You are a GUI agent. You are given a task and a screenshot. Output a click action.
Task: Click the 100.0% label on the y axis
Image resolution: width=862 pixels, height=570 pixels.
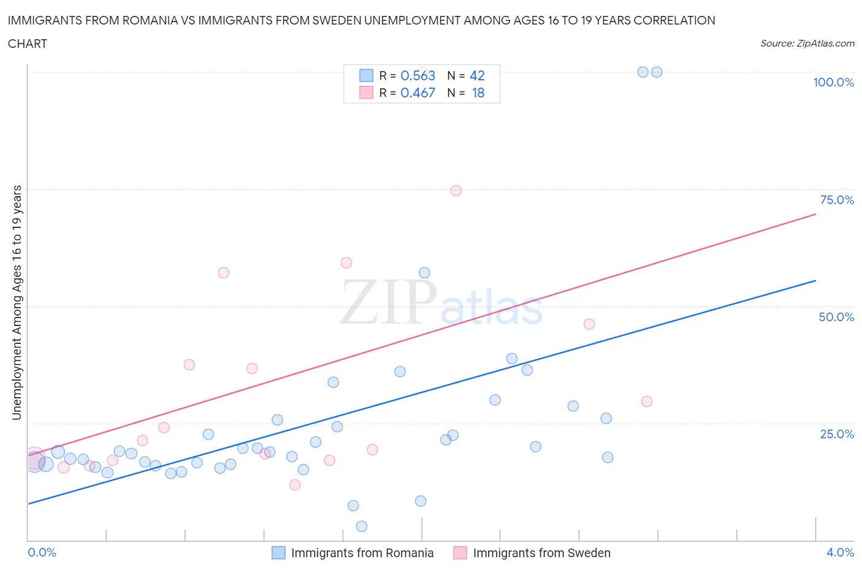click(833, 83)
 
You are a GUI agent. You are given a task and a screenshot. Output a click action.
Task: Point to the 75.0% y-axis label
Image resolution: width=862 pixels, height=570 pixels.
click(837, 200)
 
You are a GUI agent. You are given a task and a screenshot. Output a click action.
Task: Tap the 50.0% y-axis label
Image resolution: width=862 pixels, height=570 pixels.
click(836, 317)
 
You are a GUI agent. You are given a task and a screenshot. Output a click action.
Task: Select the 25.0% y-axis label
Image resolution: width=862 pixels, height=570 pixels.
click(837, 434)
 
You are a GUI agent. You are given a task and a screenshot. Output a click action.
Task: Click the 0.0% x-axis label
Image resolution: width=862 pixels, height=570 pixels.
click(42, 552)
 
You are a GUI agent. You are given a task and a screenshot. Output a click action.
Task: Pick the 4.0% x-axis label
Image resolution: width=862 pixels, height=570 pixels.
click(840, 552)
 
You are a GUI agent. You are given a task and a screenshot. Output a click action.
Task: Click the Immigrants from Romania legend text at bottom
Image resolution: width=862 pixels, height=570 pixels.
click(362, 553)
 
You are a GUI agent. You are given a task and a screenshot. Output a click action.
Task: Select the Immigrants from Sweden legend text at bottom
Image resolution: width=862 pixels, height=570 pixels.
click(541, 553)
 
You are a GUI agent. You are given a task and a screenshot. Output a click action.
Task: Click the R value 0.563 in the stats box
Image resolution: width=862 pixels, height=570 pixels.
click(418, 75)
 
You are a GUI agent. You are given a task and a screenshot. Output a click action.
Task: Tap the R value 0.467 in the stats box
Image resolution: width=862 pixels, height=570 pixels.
click(418, 93)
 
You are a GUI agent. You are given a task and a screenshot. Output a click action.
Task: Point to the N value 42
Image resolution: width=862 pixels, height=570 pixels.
click(477, 75)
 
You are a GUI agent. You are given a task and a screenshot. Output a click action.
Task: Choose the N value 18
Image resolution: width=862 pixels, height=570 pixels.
click(478, 93)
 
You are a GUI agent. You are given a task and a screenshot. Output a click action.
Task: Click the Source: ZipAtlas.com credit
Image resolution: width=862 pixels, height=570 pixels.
click(807, 44)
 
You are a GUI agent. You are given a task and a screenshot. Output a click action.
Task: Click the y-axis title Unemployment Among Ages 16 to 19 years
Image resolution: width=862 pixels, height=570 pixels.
click(17, 303)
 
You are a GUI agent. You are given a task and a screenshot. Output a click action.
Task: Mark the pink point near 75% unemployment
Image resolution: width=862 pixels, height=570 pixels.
click(456, 191)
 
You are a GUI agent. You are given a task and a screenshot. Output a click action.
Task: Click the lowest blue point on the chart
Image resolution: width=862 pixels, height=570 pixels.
click(362, 526)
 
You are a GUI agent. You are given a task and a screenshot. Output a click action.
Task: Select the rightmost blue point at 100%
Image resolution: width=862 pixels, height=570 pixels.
click(657, 72)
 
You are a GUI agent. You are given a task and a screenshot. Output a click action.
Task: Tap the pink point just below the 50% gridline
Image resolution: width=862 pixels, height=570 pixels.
click(589, 324)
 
